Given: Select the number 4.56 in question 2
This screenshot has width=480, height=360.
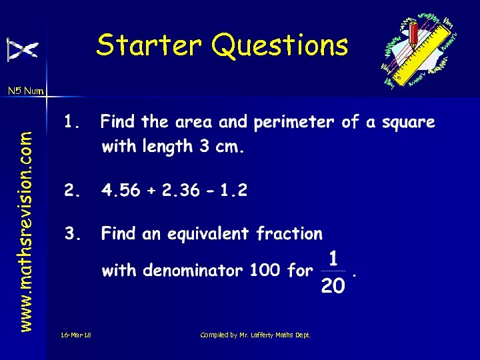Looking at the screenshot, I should (121, 191).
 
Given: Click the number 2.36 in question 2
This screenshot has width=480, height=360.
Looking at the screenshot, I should (179, 191).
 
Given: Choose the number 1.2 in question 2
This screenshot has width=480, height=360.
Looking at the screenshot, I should (233, 191).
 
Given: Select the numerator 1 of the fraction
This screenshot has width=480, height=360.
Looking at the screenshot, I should (333, 257).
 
